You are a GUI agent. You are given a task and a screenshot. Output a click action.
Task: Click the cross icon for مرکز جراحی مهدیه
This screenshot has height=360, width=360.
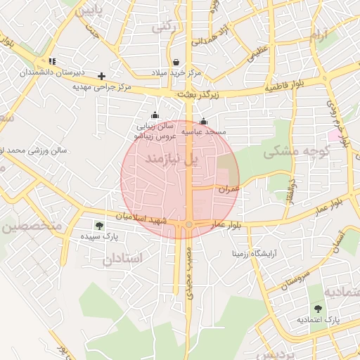tap(102, 75)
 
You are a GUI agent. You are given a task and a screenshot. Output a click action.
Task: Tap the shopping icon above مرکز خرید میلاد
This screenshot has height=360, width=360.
tap(175, 62)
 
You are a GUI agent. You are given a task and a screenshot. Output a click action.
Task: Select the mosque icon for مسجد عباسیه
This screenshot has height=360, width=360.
tap(204, 121)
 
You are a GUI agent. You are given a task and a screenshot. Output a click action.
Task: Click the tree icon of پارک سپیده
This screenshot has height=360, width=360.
tap(98, 226)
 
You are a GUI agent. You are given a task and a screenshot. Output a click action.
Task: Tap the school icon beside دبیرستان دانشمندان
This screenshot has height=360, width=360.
tap(52, 62)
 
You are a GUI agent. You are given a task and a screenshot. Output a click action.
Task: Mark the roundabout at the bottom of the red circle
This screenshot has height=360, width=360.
tap(189, 225)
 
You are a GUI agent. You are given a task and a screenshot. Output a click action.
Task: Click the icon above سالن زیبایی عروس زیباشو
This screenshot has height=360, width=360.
tap(155, 115)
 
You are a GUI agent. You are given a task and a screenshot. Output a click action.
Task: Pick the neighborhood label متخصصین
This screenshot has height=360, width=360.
tap(32, 226)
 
